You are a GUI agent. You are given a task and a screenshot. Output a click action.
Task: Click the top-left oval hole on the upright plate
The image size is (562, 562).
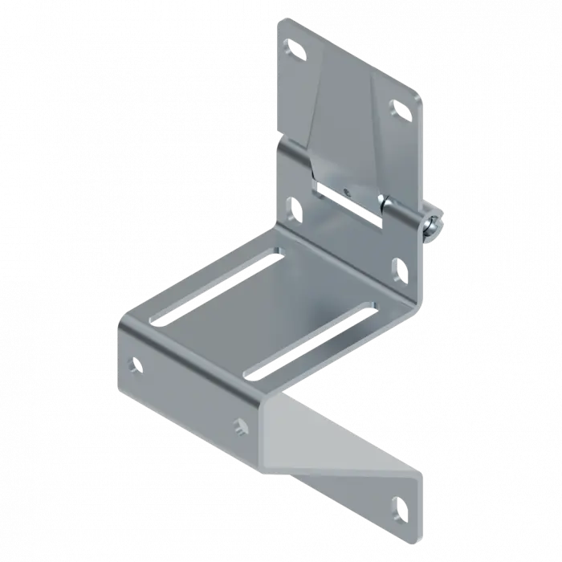[295, 51]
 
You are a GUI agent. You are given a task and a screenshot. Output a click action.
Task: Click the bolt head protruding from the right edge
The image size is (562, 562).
[434, 222]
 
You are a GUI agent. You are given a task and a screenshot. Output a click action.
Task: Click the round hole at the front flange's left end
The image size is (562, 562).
[134, 364]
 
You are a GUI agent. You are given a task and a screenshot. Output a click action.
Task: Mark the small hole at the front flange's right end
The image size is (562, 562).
[240, 423]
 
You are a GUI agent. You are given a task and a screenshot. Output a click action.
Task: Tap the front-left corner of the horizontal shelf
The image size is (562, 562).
[122, 321]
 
